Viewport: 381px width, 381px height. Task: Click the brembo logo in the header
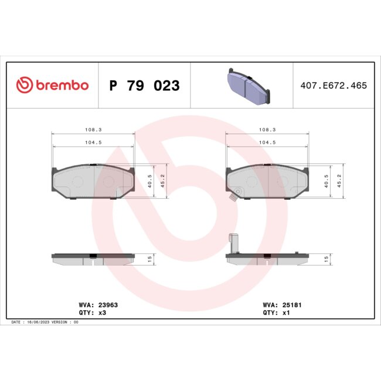click(x=52, y=86)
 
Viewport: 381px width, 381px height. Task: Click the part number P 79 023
click(x=144, y=86)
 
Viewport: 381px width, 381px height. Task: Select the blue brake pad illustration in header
click(x=247, y=86)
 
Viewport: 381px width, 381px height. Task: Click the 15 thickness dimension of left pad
click(x=149, y=258)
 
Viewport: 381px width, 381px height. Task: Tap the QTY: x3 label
click(x=92, y=313)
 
